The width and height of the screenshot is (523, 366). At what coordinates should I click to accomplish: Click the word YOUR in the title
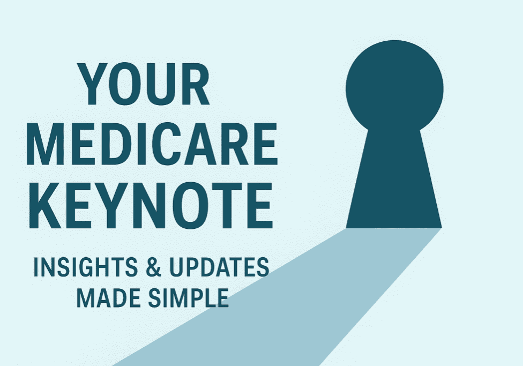pos(145,85)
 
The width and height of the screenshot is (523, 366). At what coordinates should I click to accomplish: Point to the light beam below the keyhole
pos(300,300)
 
